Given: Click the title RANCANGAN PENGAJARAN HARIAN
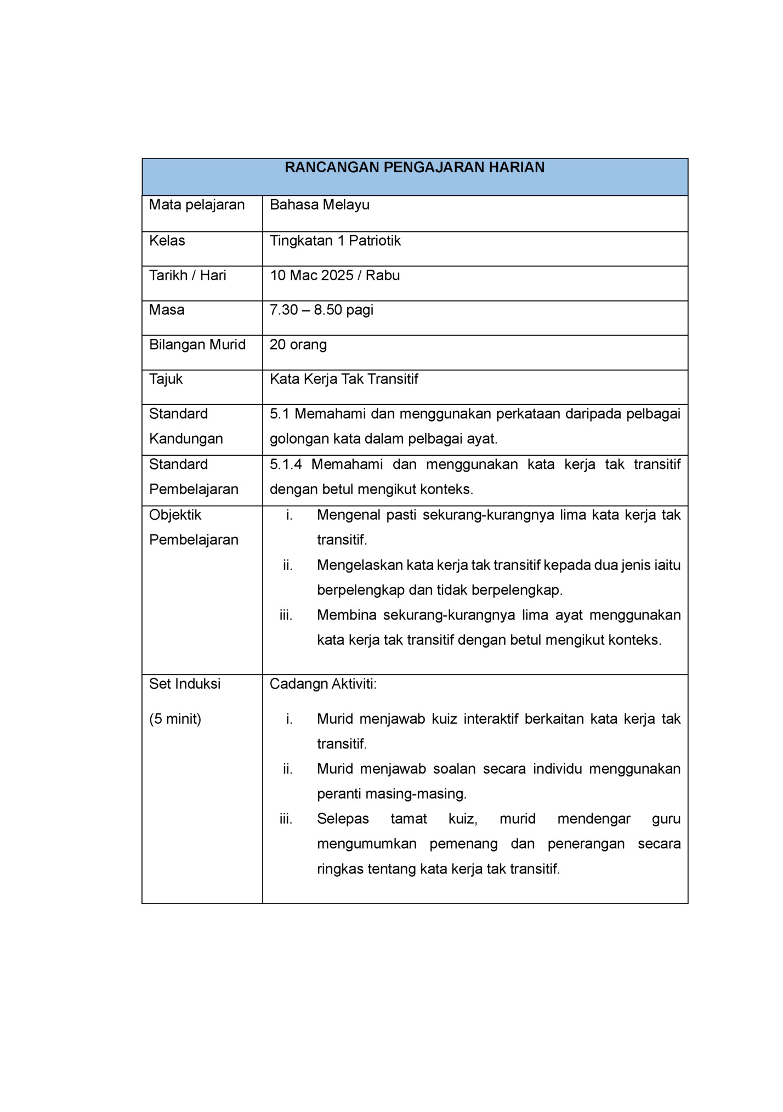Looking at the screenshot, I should click(x=415, y=168).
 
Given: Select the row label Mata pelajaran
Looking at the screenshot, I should click(x=197, y=205).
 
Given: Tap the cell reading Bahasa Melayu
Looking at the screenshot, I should click(x=320, y=205).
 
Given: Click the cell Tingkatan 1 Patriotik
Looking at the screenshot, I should click(x=335, y=241).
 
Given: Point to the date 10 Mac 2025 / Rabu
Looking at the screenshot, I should click(x=334, y=275).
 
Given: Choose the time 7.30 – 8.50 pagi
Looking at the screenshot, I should click(x=321, y=310).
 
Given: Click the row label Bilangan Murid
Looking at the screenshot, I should click(x=197, y=344).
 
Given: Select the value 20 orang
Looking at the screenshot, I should click(x=298, y=344).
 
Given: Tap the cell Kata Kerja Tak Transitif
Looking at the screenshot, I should click(x=344, y=379).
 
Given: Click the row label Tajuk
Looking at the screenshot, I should click(x=166, y=379).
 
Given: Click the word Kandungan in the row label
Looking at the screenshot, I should click(x=186, y=439).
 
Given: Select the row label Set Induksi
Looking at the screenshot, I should click(x=185, y=684).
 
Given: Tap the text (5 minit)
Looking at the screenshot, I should click(x=175, y=719).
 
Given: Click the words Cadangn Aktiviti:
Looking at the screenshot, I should click(x=323, y=684).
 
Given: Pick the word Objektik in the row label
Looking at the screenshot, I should click(x=175, y=515).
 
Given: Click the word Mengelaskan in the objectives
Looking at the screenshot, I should click(x=360, y=565).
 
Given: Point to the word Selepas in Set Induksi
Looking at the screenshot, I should click(x=343, y=819).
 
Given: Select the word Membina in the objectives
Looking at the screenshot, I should click(x=347, y=615).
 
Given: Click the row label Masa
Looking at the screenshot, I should click(x=167, y=310).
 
